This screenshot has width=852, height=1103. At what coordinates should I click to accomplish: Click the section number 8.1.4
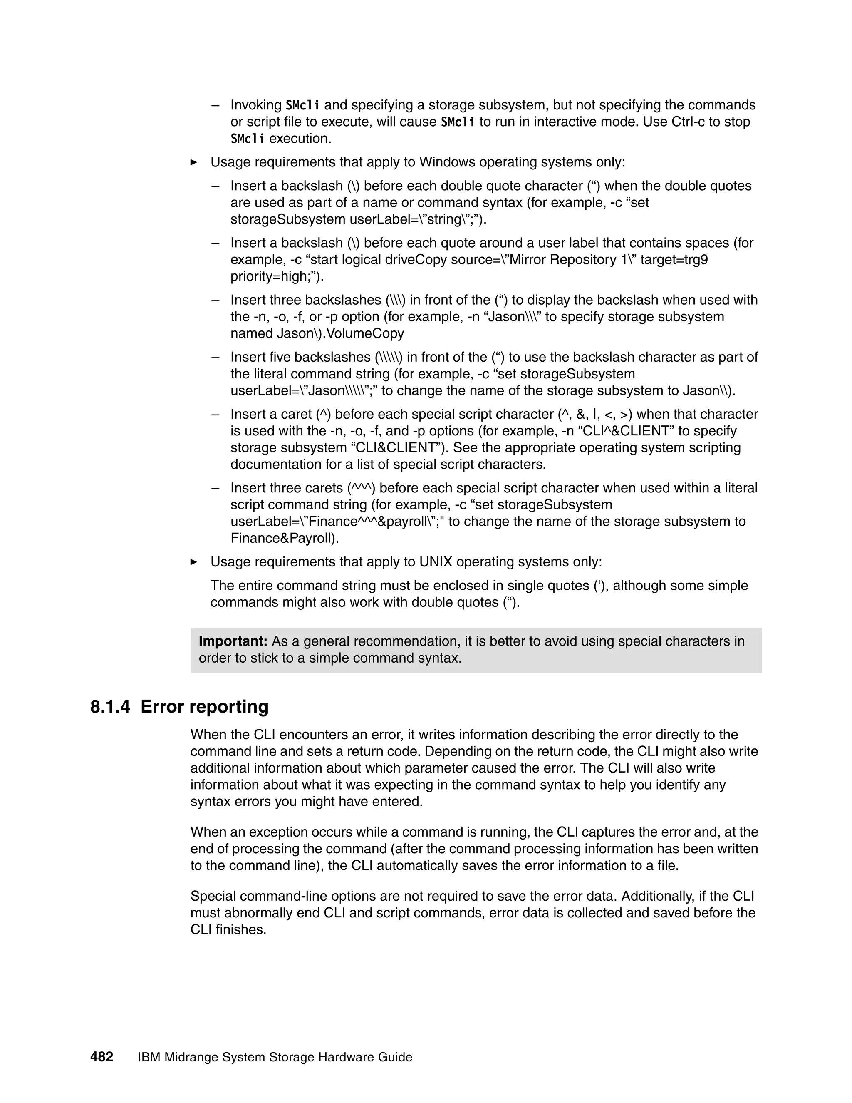pyautogui.click(x=109, y=707)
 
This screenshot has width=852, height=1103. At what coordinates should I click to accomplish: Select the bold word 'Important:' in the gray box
pyautogui.click(x=233, y=641)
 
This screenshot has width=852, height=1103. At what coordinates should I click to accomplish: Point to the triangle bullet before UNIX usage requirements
pyautogui.click(x=194, y=562)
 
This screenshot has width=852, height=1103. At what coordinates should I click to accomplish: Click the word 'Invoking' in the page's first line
pyautogui.click(x=256, y=105)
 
